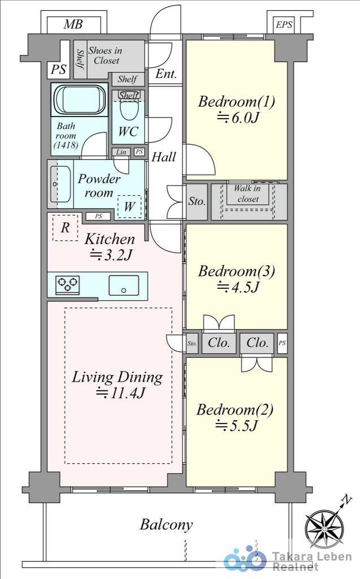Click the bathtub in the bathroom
(79, 100)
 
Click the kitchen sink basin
(124, 286)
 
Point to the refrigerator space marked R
(66, 227)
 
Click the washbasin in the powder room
(60, 184)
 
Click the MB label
(73, 24)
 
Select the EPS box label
(284, 25)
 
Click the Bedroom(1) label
(236, 102)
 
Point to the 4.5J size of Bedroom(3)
(237, 287)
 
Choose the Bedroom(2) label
(235, 409)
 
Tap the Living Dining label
(117, 377)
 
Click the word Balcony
(166, 524)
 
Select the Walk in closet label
(248, 193)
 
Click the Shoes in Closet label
(106, 55)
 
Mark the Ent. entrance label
(166, 74)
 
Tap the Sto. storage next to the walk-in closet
(197, 201)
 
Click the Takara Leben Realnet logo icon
(245, 558)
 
